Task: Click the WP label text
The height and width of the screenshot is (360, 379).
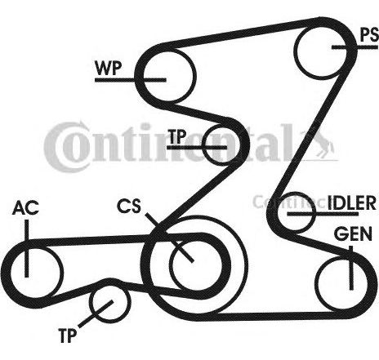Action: (x=108, y=68)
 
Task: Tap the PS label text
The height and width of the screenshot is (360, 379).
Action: (x=369, y=35)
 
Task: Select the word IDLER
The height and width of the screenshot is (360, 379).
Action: (x=352, y=203)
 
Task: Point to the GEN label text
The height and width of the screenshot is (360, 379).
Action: (x=353, y=233)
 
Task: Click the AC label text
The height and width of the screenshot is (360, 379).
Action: (x=25, y=208)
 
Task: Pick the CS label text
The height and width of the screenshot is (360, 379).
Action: (x=129, y=206)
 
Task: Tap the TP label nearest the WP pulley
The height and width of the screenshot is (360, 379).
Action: (x=177, y=136)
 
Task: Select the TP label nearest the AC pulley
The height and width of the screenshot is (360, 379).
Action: (x=67, y=336)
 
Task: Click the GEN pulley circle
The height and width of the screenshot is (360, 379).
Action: (x=316, y=283)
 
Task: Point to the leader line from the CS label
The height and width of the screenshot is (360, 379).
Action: (x=169, y=238)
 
